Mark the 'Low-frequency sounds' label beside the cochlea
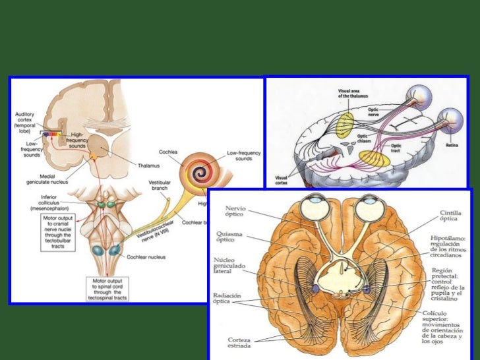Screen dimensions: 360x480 pos(245,156)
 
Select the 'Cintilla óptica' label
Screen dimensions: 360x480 pos(454,218)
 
